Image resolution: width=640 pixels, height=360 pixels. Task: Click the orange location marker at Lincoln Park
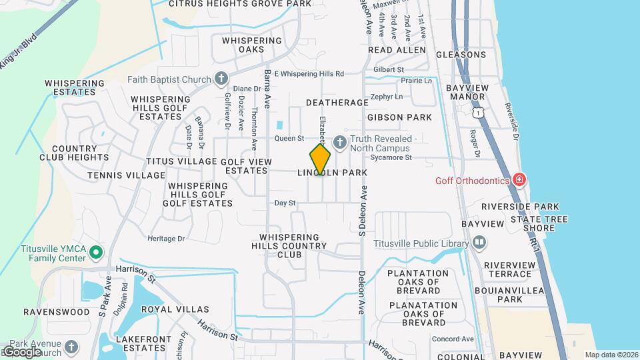tap(320, 160)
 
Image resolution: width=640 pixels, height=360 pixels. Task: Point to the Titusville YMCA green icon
tap(95, 252)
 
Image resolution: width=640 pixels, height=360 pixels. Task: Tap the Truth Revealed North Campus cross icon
tap(339, 141)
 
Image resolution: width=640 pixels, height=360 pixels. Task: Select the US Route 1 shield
tap(478, 113)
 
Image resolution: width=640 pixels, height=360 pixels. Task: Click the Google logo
tap(21, 351)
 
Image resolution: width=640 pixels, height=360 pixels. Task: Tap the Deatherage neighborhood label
tap(337, 103)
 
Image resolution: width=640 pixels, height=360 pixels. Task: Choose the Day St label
tap(285, 203)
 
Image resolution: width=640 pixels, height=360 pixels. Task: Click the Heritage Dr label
tap(166, 238)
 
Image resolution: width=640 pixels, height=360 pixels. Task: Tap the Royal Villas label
tap(175, 309)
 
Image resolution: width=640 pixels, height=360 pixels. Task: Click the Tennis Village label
tap(126, 175)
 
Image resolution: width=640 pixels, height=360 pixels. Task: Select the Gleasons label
tap(461, 55)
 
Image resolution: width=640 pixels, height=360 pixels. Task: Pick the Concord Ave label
tap(453, 339)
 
